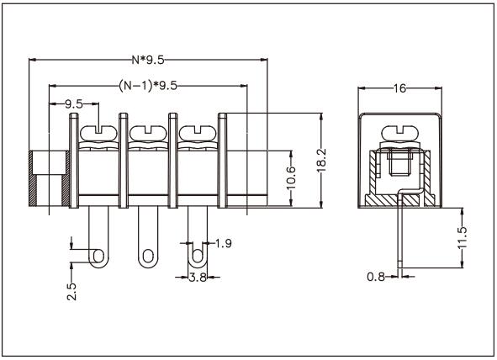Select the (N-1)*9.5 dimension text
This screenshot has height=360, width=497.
point(147,86)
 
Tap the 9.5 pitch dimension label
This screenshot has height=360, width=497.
point(74,104)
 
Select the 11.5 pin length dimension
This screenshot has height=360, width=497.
point(462,238)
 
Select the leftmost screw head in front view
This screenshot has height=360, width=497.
point(99,131)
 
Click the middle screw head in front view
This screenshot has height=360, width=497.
point(148,131)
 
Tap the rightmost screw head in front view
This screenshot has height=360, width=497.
point(197,131)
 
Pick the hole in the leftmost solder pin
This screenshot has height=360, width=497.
point(99,254)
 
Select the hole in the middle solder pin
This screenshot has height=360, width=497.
point(148,254)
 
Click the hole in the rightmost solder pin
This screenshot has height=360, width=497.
point(197,254)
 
